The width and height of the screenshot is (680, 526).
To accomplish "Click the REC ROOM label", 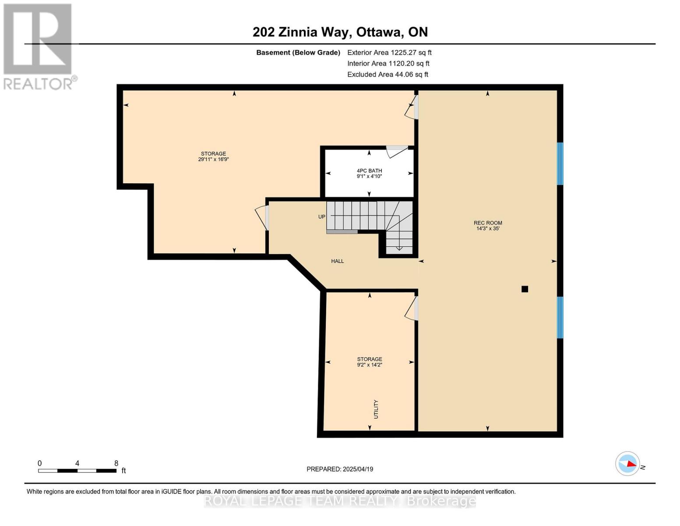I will pyautogui.click(x=488, y=223).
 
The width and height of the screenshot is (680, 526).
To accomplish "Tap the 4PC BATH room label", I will pyautogui.click(x=369, y=171).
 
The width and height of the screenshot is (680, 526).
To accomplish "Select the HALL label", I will pyautogui.click(x=337, y=261).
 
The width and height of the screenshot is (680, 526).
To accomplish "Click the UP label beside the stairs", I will pyautogui.click(x=322, y=217).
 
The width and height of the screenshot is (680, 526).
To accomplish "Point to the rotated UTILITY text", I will pyautogui.click(x=376, y=409).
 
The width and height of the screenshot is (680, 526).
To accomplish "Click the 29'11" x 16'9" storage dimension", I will pyautogui.click(x=213, y=160).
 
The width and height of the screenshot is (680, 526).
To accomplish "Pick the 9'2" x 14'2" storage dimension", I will pyautogui.click(x=369, y=365).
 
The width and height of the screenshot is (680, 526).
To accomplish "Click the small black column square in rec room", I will pyautogui.click(x=525, y=289).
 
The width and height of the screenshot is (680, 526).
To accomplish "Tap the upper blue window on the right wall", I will pyautogui.click(x=560, y=163).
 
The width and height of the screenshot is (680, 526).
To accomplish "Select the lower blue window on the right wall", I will pyautogui.click(x=560, y=317).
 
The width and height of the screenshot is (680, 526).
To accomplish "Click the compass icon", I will pyautogui.click(x=627, y=463).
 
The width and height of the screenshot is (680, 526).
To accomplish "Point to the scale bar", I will pyautogui.click(x=77, y=471).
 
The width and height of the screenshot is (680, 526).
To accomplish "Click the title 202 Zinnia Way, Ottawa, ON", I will pyautogui.click(x=340, y=32).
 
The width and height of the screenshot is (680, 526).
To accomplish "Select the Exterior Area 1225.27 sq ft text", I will pyautogui.click(x=389, y=53).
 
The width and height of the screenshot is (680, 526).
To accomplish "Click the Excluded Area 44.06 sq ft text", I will pyautogui.click(x=388, y=75).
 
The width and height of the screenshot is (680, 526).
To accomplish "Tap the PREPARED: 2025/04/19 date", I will pyautogui.click(x=340, y=469).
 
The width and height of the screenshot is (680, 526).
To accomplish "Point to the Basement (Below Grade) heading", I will pyautogui.click(x=298, y=53).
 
